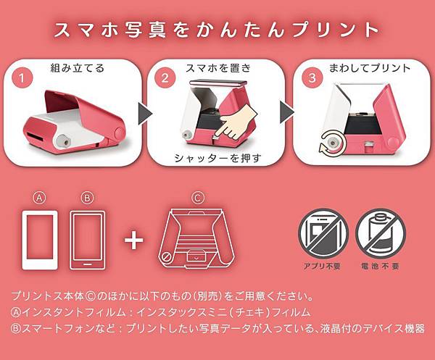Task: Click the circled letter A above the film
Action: pyautogui.click(x=41, y=197)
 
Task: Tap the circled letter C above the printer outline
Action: pyautogui.click(x=196, y=197)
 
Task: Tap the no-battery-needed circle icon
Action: pyautogui.click(x=381, y=233)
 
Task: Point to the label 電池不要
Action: pyautogui.click(x=381, y=267)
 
